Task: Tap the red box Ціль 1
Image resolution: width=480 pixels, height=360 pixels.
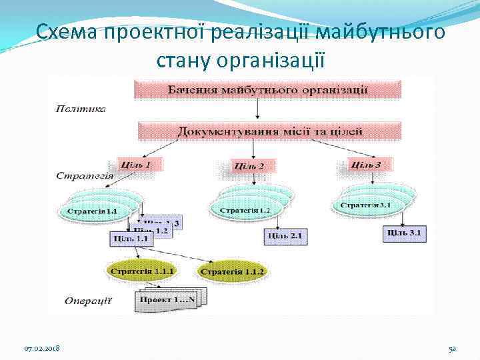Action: [139, 163]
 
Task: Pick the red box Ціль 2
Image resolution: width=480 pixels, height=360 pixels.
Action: [249, 165]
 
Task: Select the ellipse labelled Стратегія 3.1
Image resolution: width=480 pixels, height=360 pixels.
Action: [366, 205]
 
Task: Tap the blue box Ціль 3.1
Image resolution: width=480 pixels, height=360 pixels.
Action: [405, 233]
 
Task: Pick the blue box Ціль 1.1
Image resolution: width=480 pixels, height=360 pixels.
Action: [131, 238]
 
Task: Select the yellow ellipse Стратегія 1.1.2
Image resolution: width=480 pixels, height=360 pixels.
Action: [233, 271]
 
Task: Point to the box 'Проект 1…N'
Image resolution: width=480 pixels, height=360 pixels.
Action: [166, 301]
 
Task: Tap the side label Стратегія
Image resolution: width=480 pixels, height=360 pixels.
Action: [84, 176]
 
